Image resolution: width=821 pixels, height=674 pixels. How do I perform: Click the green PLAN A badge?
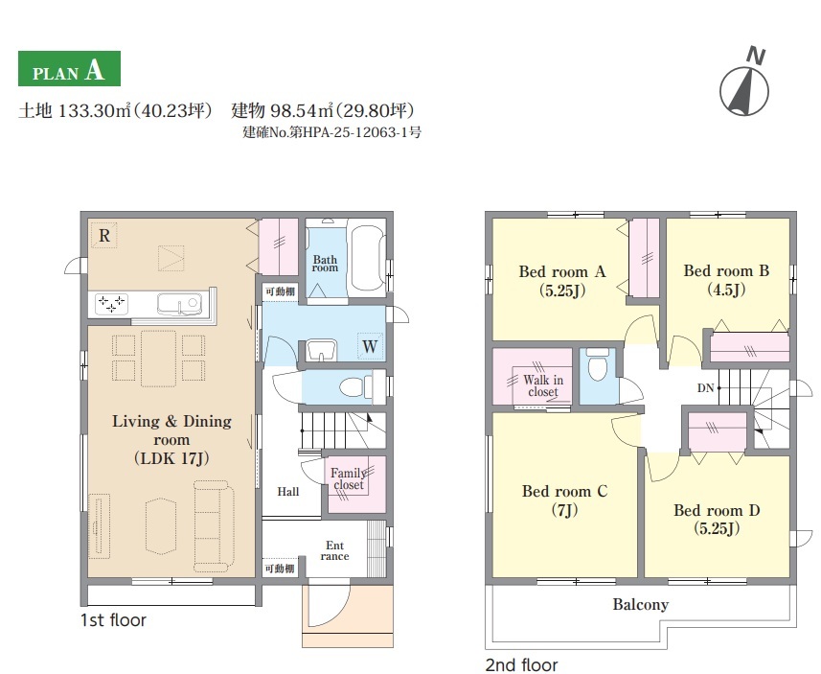coord(69,69)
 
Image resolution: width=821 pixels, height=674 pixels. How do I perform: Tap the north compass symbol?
coord(745,85)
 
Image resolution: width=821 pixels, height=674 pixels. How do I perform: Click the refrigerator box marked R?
coord(103,235)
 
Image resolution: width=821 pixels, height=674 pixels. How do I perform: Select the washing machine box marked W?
coord(370,346)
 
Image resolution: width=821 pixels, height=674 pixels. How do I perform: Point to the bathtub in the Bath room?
coord(368,258)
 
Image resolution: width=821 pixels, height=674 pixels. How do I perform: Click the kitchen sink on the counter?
coord(178,304)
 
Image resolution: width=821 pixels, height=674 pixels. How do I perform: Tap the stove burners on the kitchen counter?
coord(111,304)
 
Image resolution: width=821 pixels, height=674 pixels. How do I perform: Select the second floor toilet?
coord(598,365)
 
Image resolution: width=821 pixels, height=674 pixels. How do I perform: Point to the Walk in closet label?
coord(543,385)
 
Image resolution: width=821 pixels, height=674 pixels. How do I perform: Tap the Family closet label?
coord(349,479)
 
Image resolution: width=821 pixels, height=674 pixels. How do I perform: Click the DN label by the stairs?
coord(705,388)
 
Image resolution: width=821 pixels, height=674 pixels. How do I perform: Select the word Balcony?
coord(640,604)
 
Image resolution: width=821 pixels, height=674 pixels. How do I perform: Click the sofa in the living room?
coord(214,525)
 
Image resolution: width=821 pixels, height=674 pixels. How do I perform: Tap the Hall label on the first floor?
coord(288,492)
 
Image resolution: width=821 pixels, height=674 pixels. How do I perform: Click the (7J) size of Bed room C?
coord(564,509)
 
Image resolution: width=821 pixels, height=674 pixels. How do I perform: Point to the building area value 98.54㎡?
coord(301,110)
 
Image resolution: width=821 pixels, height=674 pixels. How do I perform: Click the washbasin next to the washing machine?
coord(320,350)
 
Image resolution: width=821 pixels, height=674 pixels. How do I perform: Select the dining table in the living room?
coord(158,359)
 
